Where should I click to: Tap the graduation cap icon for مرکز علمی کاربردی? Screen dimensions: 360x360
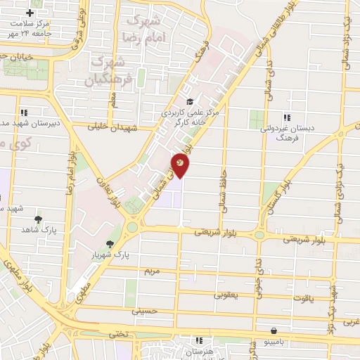(x=188, y=101)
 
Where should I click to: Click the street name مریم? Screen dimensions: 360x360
(x=153, y=271)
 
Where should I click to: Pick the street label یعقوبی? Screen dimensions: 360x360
(x=226, y=295)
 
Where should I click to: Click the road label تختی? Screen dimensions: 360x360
(x=122, y=335)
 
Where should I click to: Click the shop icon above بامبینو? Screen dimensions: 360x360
(x=274, y=330)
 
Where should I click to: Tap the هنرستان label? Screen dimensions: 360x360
(x=192, y=350)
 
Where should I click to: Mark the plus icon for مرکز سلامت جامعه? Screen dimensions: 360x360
(x=30, y=13)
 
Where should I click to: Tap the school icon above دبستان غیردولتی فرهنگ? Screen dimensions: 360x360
(x=286, y=117)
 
